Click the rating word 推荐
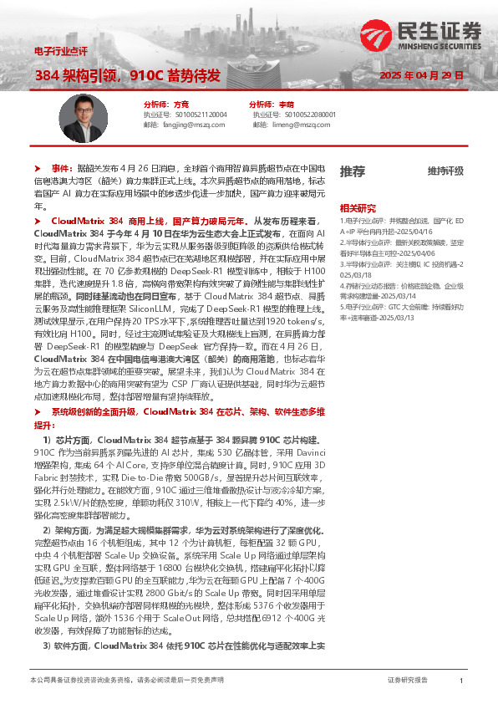click(352, 171)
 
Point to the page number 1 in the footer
click(461, 681)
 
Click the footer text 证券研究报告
click(408, 681)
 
